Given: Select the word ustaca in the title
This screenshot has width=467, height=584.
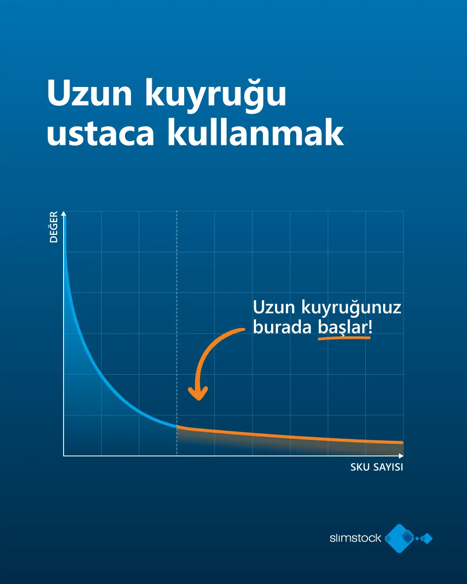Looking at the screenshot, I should click(100, 133).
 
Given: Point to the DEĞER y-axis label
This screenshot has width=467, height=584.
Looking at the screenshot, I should click(54, 227).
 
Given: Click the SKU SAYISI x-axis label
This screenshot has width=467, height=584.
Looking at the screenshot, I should click(377, 467).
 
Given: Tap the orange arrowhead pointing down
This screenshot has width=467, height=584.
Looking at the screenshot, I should click(198, 393).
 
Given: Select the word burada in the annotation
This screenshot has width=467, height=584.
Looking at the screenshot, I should click(282, 327).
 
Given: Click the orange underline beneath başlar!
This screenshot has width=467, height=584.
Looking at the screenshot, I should click(344, 338).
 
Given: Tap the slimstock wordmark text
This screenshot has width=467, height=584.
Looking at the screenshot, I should click(355, 538).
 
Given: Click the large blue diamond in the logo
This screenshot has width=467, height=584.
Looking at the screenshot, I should click(400, 538).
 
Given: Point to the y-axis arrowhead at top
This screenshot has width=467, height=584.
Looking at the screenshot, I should click(64, 213).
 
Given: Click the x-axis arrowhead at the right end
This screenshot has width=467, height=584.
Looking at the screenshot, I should click(401, 456).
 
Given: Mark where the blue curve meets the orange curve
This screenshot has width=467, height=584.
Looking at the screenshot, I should click(177, 427).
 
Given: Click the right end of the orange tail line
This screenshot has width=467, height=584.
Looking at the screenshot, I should click(402, 443).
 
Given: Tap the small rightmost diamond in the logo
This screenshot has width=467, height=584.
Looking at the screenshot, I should click(427, 539).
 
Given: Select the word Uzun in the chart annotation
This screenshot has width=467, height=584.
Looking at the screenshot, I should click(274, 308).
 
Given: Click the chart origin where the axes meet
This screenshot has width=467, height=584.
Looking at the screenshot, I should click(64, 456).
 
